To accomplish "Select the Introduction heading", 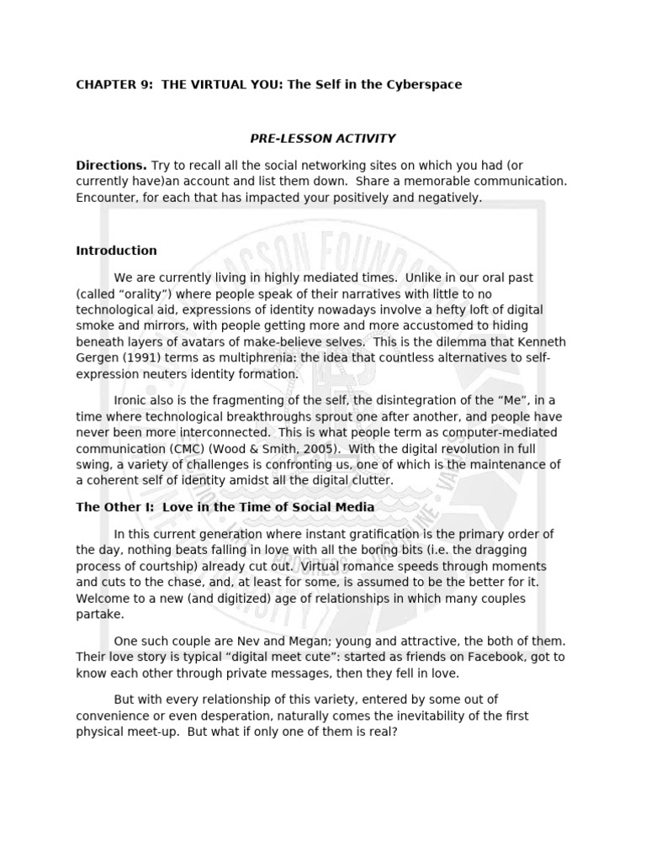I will click(116, 251).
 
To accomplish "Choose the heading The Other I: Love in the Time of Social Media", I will click(225, 507).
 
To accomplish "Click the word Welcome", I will click(103, 598).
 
